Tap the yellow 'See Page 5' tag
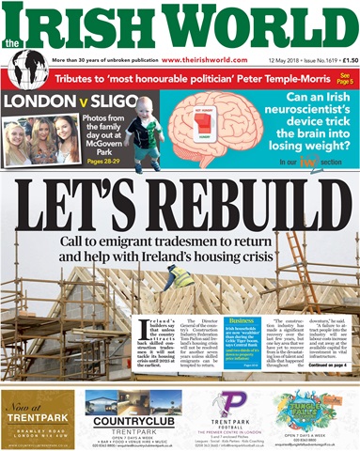(x=345, y=78)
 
